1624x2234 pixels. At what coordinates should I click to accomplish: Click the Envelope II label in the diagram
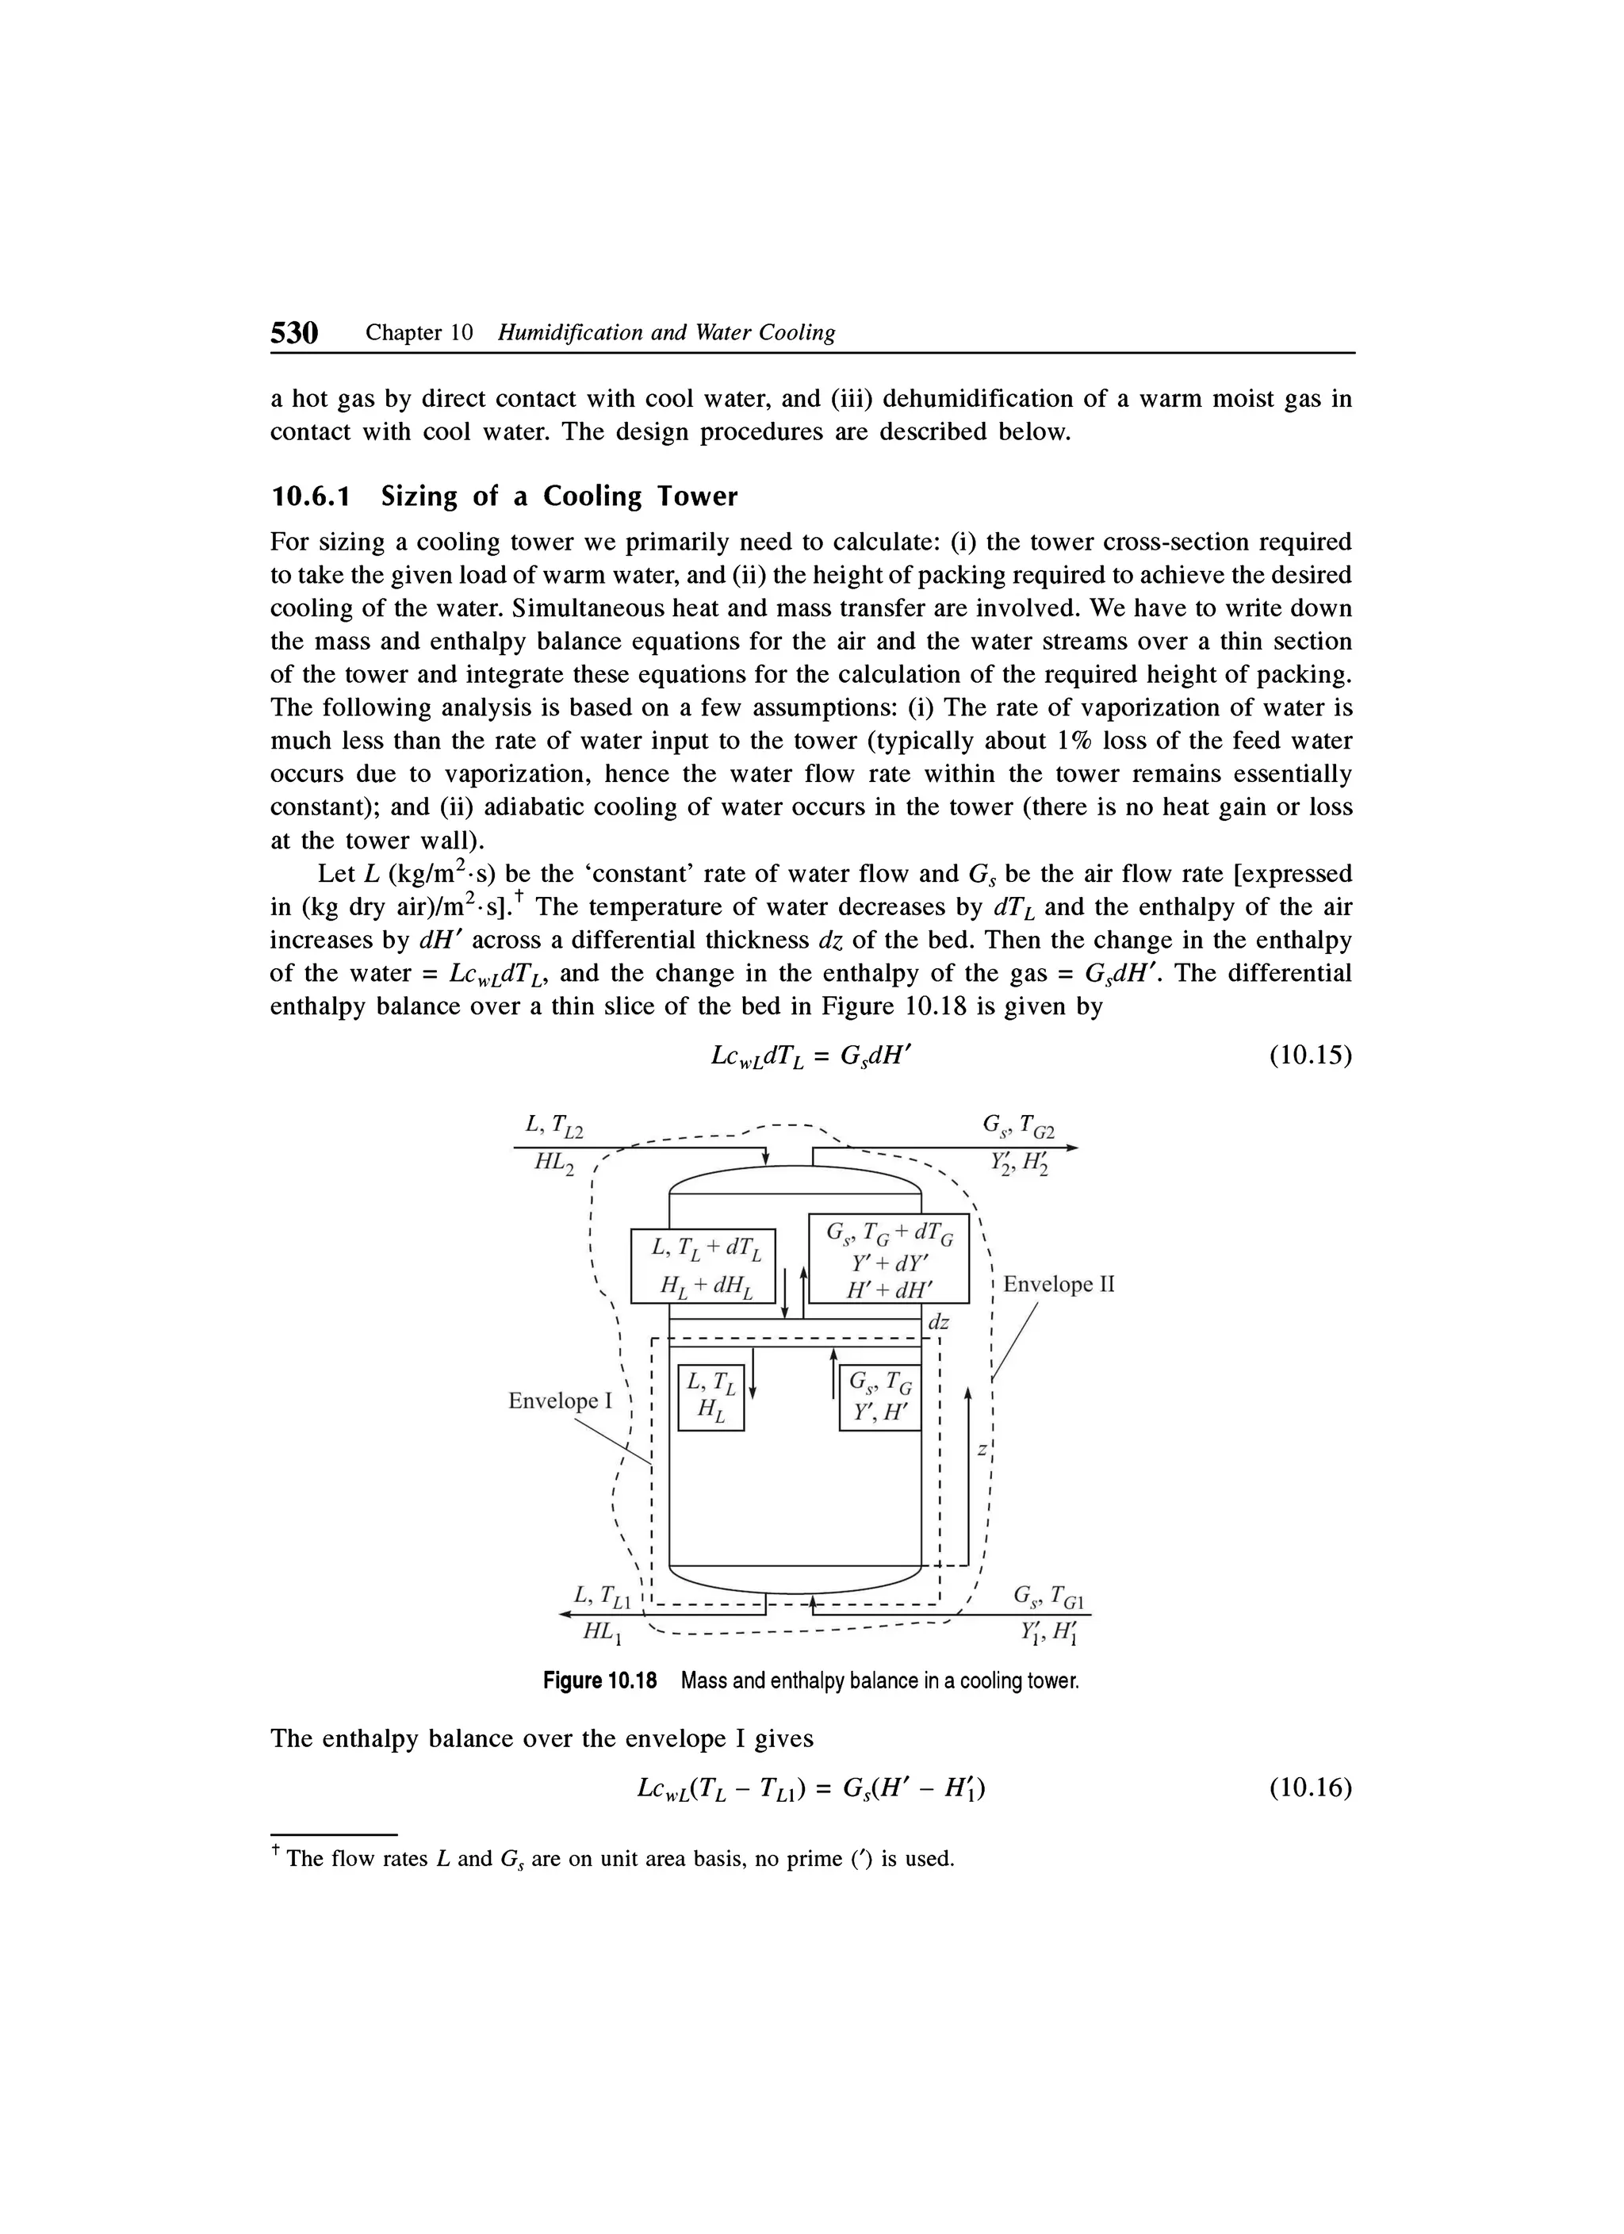click(x=1058, y=1285)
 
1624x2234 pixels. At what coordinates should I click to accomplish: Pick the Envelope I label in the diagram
click(x=559, y=1401)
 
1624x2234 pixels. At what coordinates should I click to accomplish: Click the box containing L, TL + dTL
click(x=703, y=1266)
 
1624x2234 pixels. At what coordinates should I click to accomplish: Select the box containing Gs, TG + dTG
click(x=888, y=1259)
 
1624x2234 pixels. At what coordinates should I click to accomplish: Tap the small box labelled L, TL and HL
click(x=711, y=1397)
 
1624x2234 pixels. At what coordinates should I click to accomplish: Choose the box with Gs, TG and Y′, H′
click(x=879, y=1397)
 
